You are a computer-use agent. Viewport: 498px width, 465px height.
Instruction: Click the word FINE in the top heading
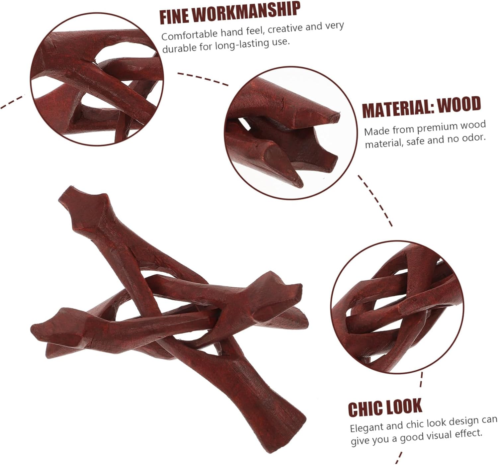(x=175, y=17)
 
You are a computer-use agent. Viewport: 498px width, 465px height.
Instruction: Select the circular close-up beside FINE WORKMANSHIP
(x=97, y=80)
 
